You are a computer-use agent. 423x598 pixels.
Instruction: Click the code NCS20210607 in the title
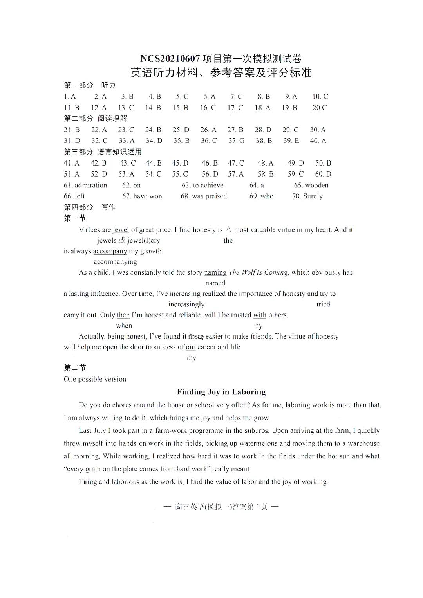click(x=170, y=59)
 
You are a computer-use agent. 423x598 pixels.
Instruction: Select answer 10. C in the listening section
click(x=320, y=96)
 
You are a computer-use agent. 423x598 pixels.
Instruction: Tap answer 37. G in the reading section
click(x=236, y=140)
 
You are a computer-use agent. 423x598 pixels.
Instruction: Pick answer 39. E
click(x=291, y=140)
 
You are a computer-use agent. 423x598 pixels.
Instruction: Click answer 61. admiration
click(x=85, y=185)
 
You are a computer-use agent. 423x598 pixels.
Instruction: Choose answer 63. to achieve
click(x=202, y=185)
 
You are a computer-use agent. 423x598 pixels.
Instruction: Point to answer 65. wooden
click(x=311, y=185)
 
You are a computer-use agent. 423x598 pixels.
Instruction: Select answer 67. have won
click(x=142, y=196)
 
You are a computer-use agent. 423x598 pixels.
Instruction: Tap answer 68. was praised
click(x=204, y=196)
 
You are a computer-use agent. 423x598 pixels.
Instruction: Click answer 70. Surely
click(x=307, y=196)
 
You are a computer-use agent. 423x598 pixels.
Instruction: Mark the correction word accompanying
click(x=115, y=262)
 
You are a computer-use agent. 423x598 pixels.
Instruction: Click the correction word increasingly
click(x=186, y=304)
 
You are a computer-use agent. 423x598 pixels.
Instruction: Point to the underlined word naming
click(x=215, y=272)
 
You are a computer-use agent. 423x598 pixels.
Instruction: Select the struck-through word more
click(x=196, y=336)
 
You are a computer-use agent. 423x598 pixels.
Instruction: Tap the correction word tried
click(x=323, y=304)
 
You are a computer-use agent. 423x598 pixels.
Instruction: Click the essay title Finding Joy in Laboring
click(x=221, y=392)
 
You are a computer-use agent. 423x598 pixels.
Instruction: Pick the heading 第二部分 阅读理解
click(x=96, y=118)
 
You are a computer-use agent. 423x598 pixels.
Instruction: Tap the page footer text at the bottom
click(x=221, y=507)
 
